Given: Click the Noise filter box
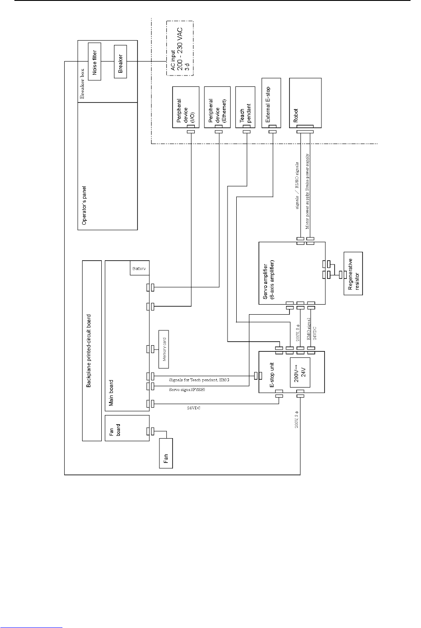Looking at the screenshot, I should click(94, 61).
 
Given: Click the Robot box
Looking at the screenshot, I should click(305, 103).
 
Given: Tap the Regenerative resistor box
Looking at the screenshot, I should click(353, 274).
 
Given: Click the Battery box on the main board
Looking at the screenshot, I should click(140, 268).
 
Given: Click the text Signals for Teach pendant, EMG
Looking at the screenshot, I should click(199, 380).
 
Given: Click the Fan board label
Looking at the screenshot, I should click(115, 428).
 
